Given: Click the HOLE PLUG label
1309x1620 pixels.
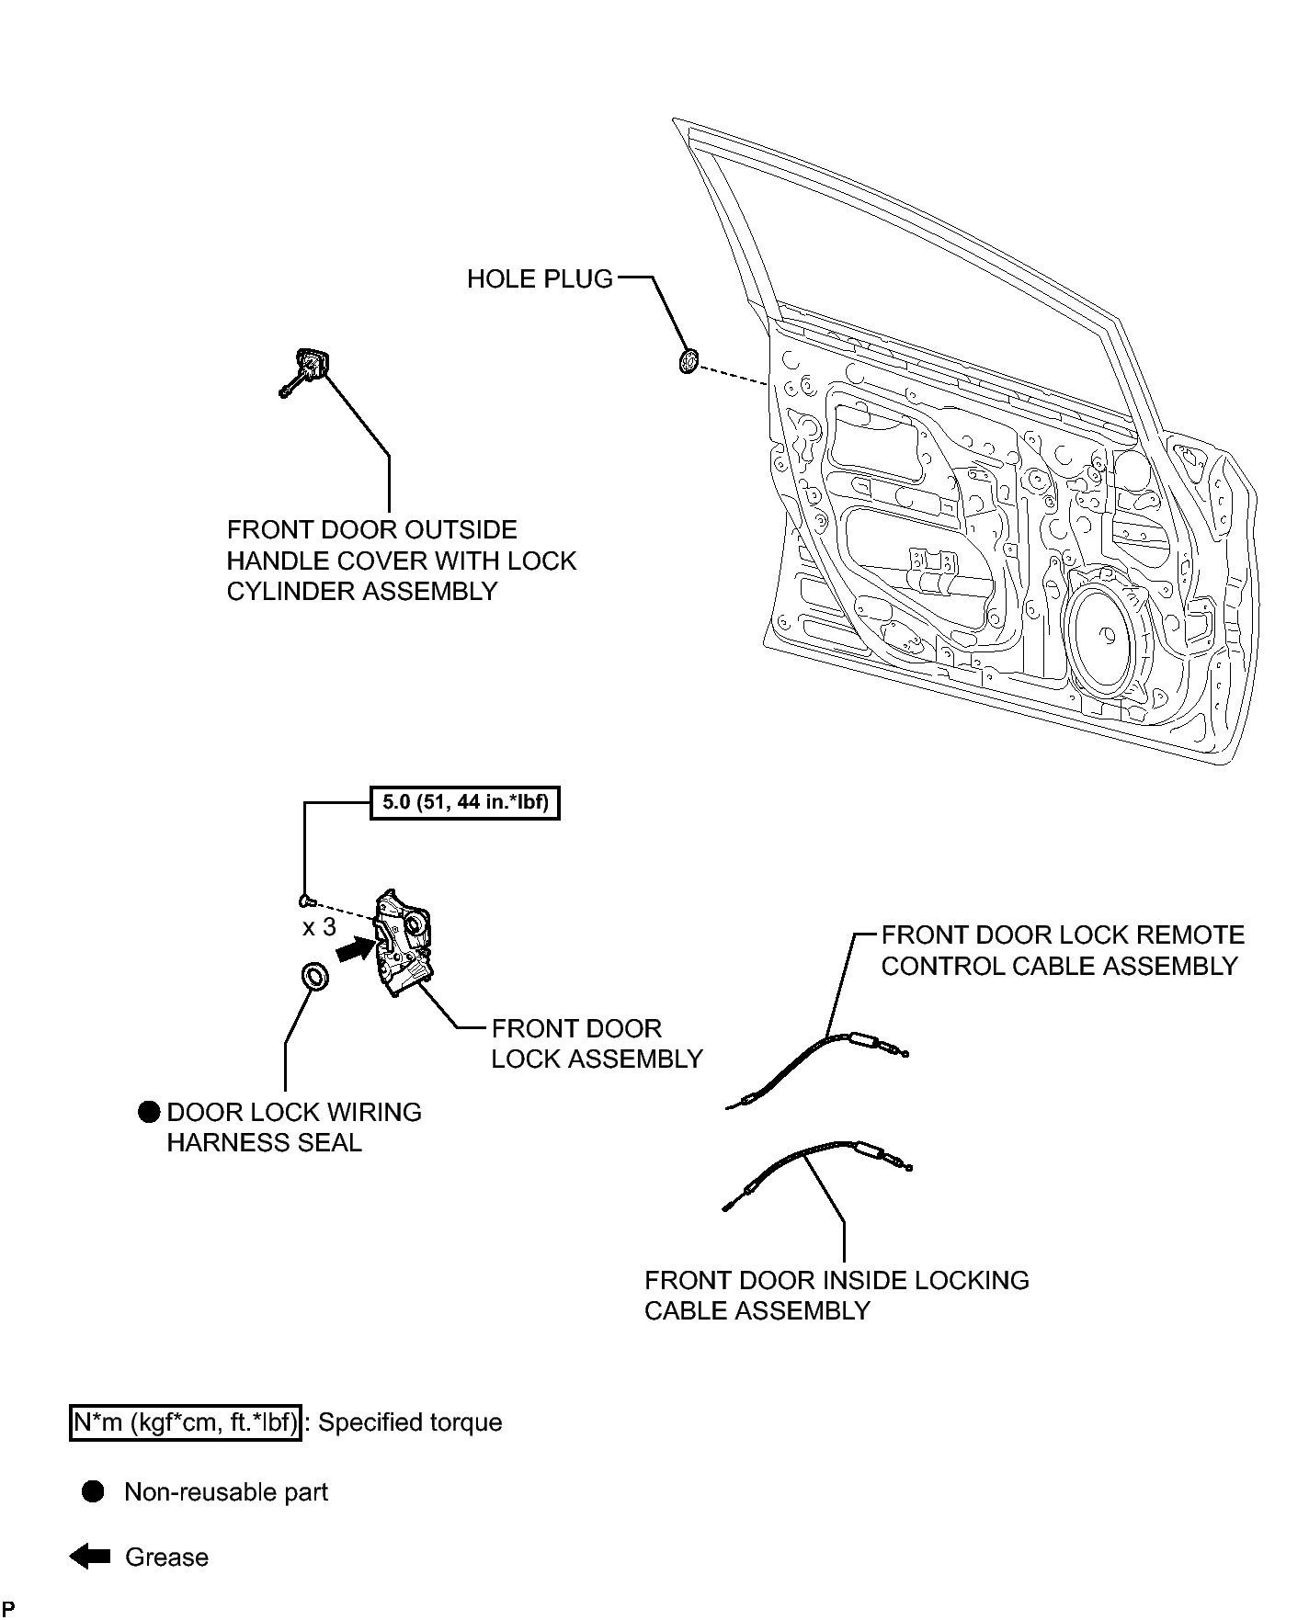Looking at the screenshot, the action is point(540,278).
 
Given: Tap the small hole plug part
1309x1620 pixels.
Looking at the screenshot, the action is point(687,362).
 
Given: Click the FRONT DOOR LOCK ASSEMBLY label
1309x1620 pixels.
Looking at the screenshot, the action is point(597,1043).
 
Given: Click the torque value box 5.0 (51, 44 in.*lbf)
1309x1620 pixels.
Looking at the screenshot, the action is point(465,803).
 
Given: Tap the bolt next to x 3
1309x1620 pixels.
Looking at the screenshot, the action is point(308,899).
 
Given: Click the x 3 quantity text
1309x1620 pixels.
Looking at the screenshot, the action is point(320,927).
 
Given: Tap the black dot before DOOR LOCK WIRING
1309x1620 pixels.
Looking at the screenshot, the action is point(149,1112).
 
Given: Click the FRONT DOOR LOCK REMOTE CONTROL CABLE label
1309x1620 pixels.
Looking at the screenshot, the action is point(1063,950).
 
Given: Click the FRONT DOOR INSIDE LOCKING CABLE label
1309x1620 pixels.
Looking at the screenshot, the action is point(837,1295).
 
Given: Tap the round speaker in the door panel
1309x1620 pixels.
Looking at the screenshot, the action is point(1109,635).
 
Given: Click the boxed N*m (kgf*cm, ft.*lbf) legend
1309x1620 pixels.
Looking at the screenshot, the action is point(186,1422).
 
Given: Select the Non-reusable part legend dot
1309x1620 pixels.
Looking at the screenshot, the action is point(94,1491).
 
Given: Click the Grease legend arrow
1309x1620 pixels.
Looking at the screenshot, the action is point(90,1557).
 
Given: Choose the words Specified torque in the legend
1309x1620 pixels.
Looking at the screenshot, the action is point(410,1423).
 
